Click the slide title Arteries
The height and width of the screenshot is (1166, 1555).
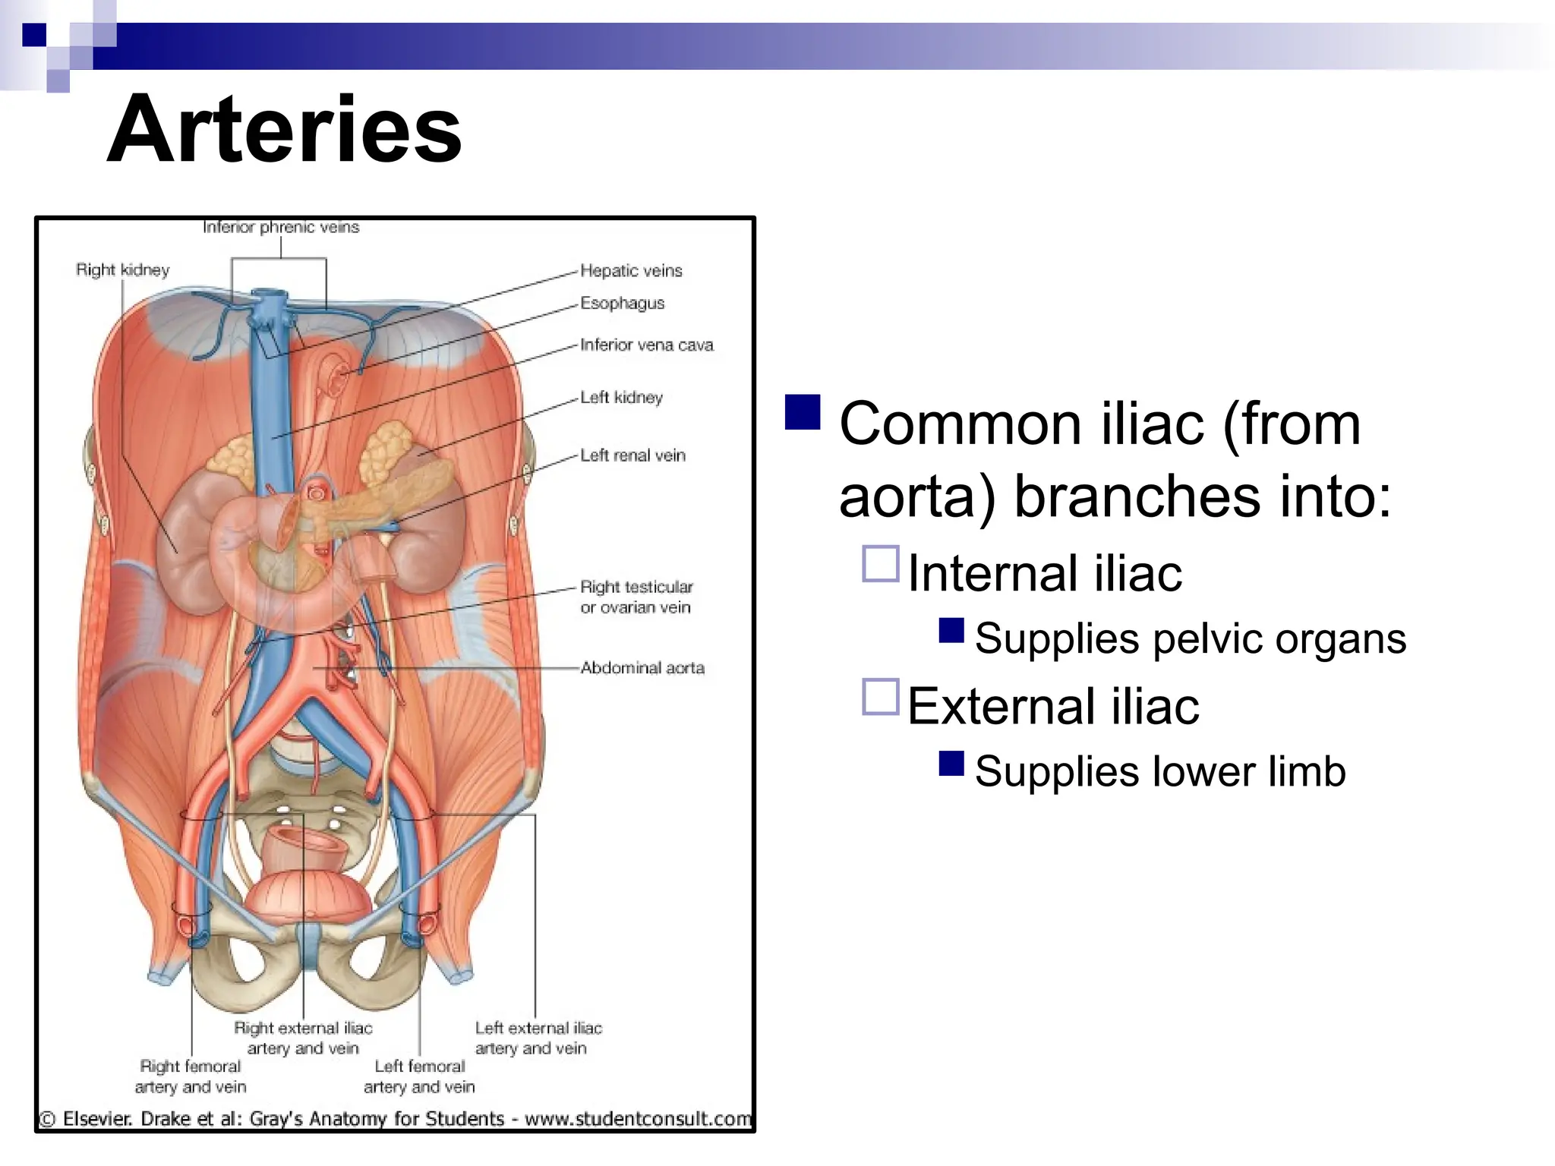point(284,129)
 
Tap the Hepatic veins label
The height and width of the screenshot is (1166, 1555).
point(631,271)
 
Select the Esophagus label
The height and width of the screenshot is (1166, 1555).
point(622,303)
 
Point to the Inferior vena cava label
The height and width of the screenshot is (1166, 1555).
point(646,345)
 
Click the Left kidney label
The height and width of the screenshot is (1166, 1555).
point(621,397)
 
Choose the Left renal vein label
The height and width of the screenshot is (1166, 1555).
point(632,455)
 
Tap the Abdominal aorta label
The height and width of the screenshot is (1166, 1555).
point(642,668)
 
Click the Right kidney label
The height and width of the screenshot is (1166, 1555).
point(122,270)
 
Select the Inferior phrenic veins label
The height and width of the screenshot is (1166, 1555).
point(281,227)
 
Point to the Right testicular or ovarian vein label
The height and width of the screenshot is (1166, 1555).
point(636,597)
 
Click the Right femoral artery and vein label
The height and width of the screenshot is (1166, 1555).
point(191,1076)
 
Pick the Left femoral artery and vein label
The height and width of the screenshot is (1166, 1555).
point(419,1076)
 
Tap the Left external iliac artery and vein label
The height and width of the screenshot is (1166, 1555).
point(538,1038)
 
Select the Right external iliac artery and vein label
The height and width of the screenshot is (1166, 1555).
point(303,1038)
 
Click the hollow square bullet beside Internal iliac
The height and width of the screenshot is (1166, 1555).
point(881,564)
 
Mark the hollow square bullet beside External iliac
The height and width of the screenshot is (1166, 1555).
point(881,697)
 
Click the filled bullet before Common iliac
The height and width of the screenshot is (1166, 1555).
point(803,412)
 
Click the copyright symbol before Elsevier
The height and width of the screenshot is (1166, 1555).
point(48,1120)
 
